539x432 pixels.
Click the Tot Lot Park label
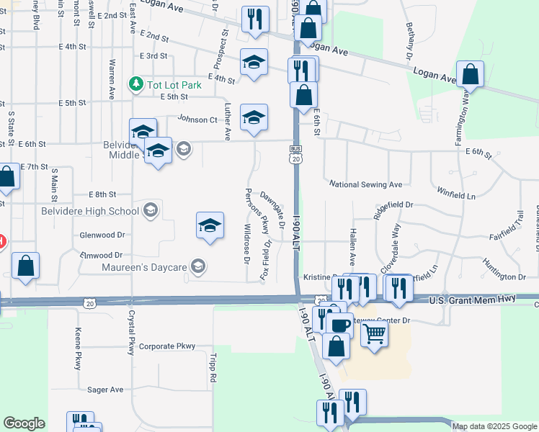174,84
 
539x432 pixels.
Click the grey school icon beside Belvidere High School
151,210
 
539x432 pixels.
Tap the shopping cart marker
374,333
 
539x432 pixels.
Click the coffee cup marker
339,323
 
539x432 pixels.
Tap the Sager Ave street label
105,390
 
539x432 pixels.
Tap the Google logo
24,423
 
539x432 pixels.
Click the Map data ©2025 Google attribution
494,426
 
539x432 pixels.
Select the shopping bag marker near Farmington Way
470,75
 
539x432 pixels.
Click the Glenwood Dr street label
102,235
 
